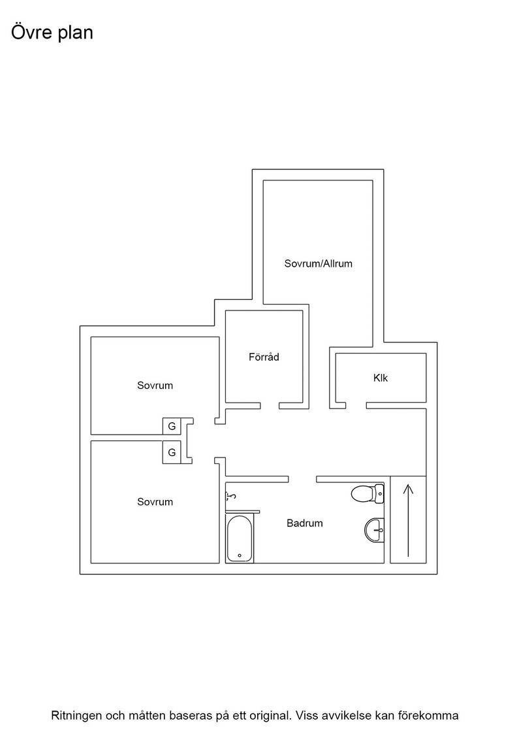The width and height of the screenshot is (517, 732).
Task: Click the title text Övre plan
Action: (52, 33)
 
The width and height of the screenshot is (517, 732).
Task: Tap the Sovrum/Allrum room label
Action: (319, 263)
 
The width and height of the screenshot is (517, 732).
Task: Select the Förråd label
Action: (264, 357)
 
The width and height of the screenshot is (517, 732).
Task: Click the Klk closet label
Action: (381, 378)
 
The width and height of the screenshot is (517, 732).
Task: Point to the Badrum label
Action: (304, 523)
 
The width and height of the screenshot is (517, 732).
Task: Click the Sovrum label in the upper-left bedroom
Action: (155, 385)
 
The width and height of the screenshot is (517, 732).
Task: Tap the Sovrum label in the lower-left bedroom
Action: (155, 502)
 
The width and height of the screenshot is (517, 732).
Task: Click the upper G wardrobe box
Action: (172, 426)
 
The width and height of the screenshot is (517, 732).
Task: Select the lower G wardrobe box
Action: (172, 452)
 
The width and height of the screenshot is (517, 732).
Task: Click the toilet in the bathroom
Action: (368, 494)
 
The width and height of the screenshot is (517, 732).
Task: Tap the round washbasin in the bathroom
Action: (374, 530)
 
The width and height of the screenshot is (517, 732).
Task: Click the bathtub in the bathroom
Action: (240, 539)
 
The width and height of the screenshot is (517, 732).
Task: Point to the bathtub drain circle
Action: (240, 556)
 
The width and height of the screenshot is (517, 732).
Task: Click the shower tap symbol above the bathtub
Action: (231, 496)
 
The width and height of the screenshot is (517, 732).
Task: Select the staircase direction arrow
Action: (408, 520)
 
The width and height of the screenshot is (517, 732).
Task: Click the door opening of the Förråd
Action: (270, 406)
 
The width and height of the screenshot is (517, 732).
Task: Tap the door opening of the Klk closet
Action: (356, 406)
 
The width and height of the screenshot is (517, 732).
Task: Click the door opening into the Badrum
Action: (302, 479)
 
